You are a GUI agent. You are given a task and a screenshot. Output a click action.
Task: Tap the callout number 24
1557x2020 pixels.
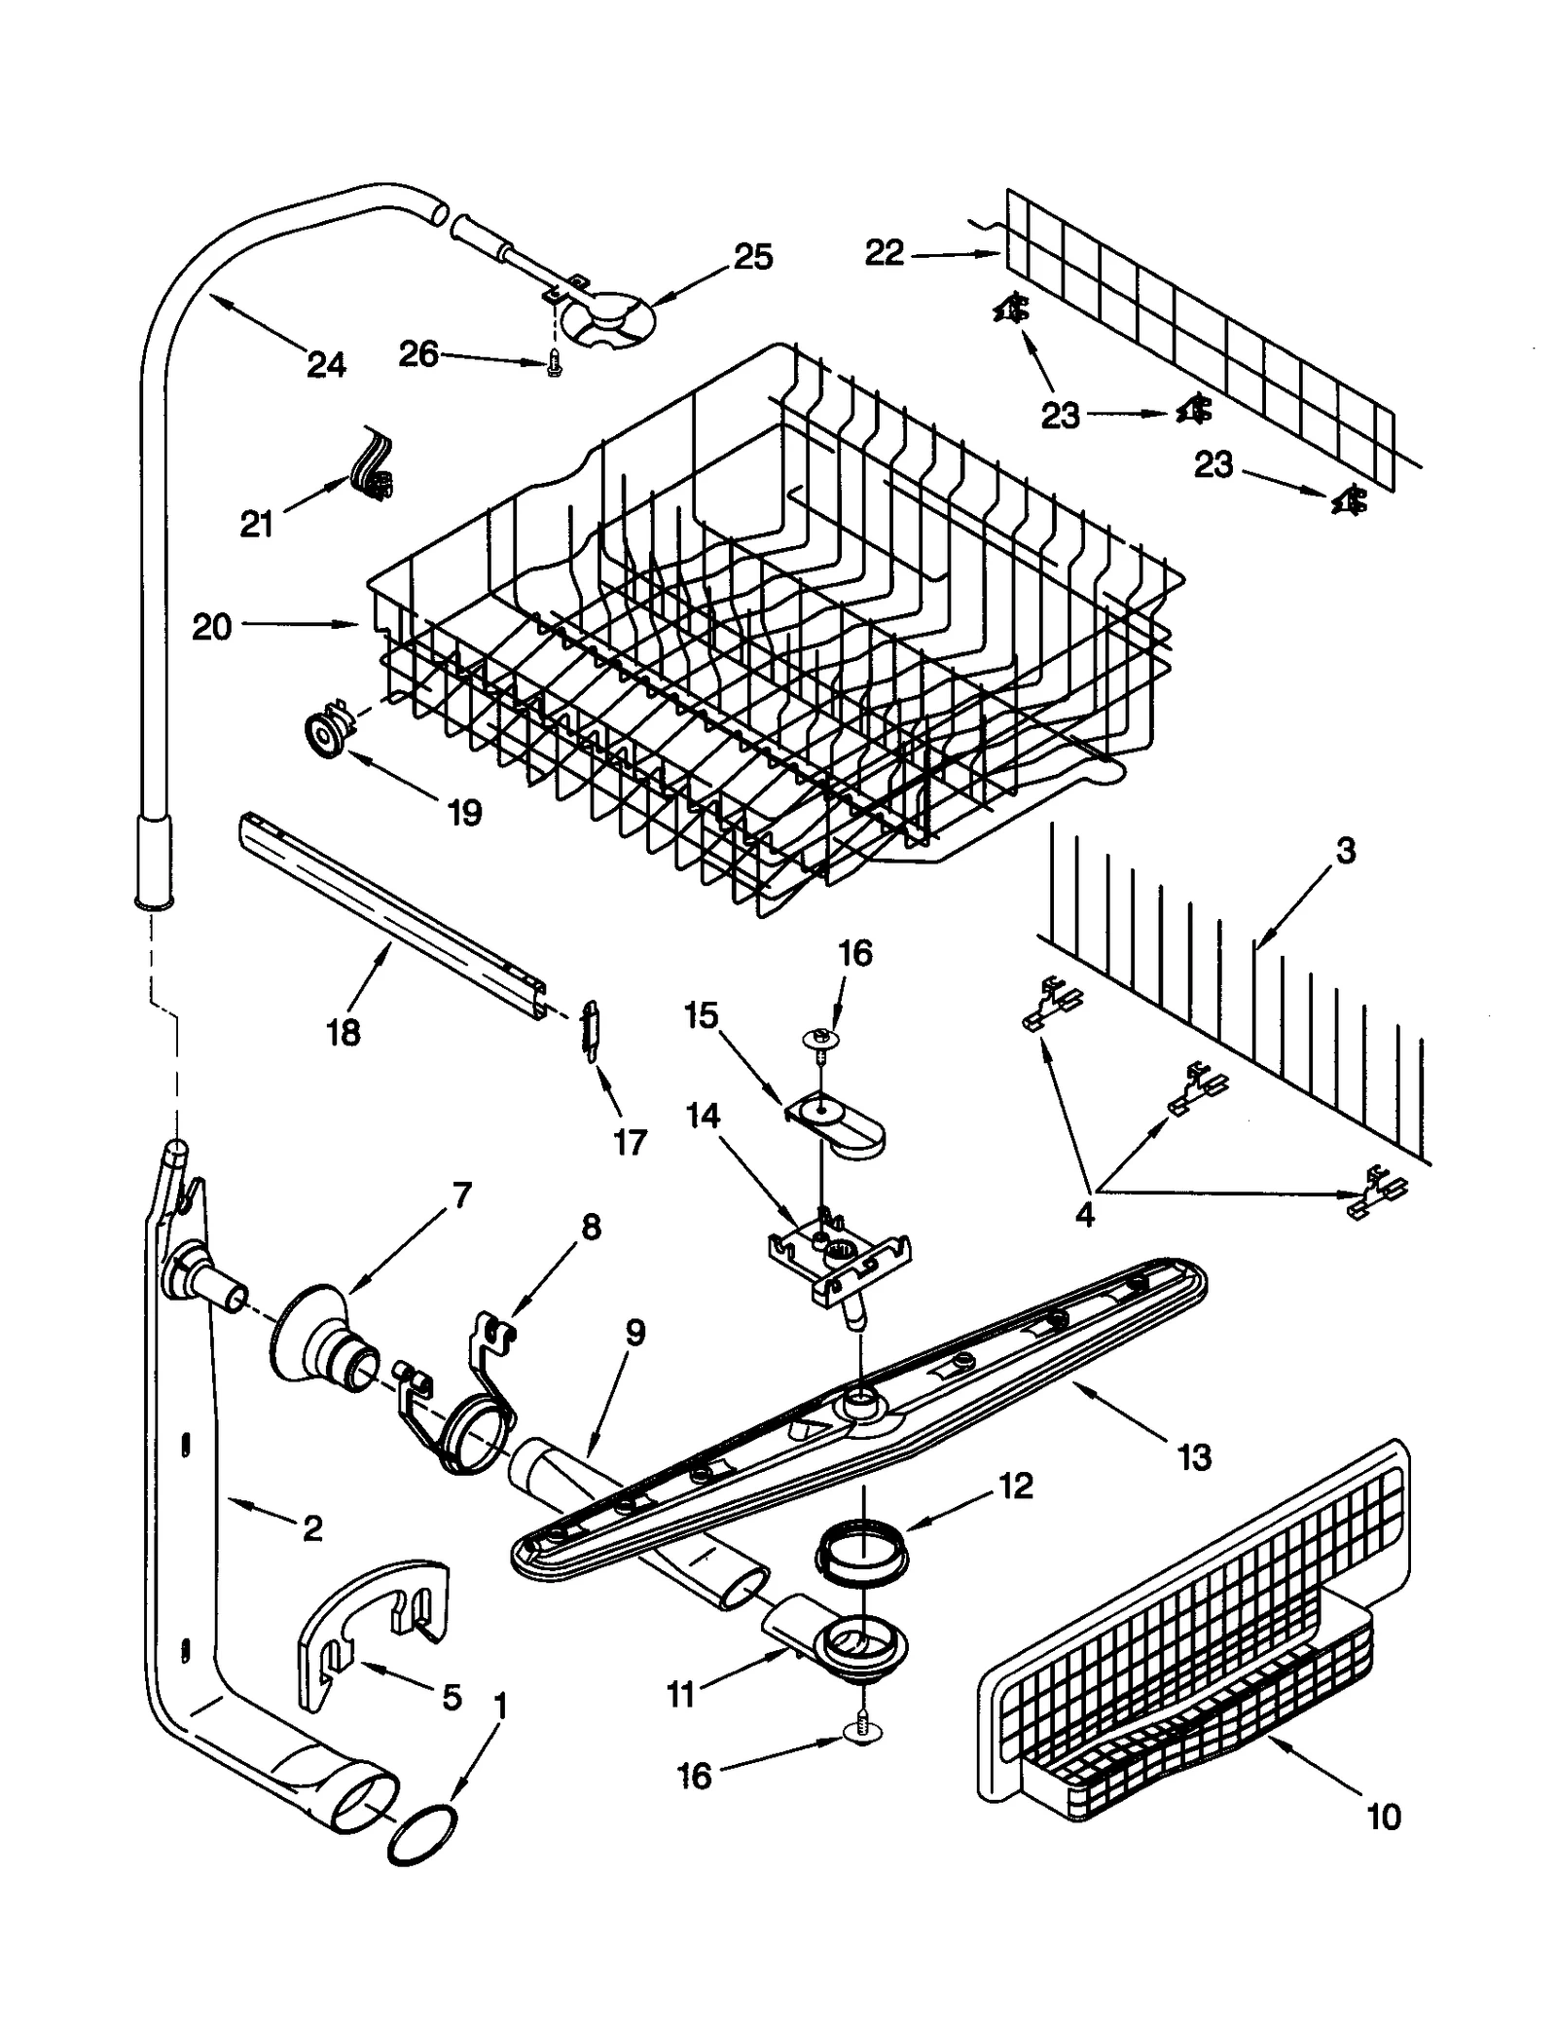[x=326, y=365]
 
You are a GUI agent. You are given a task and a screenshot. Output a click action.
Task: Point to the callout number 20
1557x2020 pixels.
[x=211, y=627]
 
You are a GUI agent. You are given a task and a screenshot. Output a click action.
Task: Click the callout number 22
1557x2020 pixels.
[x=885, y=254]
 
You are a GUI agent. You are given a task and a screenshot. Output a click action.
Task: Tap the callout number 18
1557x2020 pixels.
[x=343, y=1032]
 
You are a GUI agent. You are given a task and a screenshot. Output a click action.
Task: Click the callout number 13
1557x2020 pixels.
[x=1194, y=1457]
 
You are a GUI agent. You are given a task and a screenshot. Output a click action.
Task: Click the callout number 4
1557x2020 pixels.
[x=1085, y=1214]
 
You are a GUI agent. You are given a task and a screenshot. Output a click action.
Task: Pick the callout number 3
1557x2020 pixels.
[x=1345, y=851]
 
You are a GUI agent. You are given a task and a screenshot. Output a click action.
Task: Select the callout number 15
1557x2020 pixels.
[x=701, y=1015]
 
